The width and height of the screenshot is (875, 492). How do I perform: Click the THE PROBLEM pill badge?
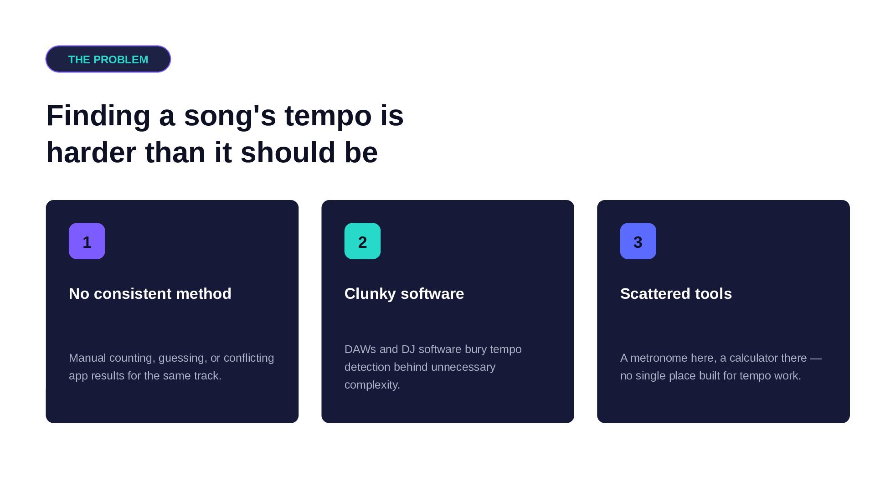[108, 59]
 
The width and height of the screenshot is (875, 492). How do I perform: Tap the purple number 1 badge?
[87, 241]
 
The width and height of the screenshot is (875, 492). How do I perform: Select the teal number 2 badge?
[362, 241]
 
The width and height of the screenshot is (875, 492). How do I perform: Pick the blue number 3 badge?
[638, 241]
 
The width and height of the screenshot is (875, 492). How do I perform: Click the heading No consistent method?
[150, 294]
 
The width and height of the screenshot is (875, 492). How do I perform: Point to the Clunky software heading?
[404, 294]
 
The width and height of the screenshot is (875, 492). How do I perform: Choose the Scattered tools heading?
[676, 294]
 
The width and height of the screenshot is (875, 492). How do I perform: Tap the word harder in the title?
[91, 152]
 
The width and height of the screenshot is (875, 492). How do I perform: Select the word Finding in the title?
[98, 117]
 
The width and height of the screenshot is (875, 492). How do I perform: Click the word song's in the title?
[230, 117]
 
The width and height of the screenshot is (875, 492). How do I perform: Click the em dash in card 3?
[816, 359]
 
